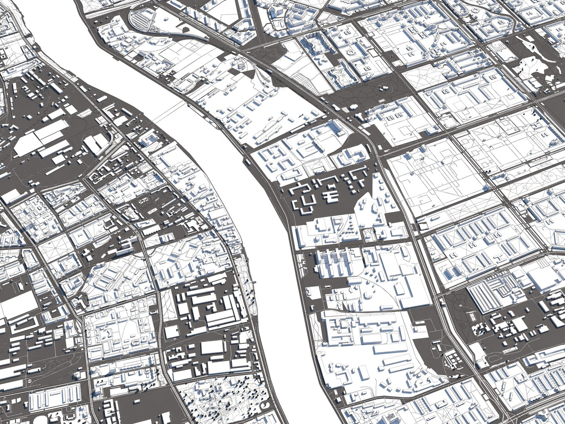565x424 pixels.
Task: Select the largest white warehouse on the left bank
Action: [41, 137]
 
